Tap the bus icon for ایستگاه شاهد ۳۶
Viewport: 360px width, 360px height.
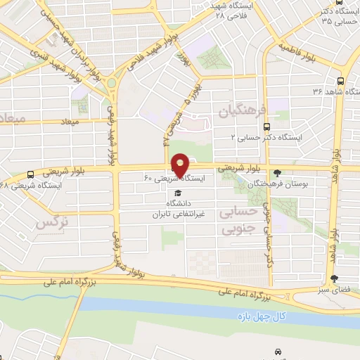[x=341, y=81]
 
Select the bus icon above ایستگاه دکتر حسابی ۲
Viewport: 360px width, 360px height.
[x=265, y=127]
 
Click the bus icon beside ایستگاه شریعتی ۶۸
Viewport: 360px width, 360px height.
[x=30, y=174]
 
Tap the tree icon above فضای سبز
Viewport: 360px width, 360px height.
[x=335, y=278]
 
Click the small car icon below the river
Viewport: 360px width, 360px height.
[x=278, y=350]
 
